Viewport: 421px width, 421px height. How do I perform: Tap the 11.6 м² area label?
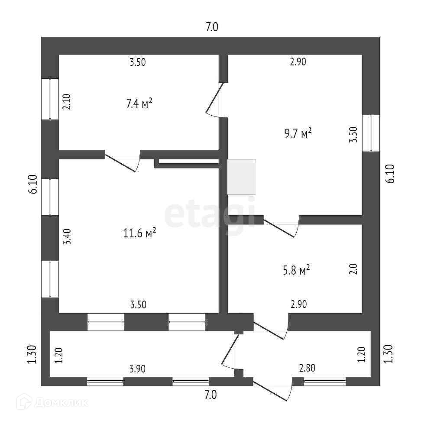click(139, 233)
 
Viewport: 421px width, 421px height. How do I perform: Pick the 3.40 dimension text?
click(66, 237)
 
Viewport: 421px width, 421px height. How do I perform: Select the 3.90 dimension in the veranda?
click(137, 369)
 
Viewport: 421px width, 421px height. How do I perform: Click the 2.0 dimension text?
click(353, 269)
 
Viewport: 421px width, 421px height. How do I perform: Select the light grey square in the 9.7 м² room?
click(241, 177)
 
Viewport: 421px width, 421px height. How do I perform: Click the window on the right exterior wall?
click(371, 133)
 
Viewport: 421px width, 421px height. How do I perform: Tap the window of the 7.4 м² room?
click(50, 99)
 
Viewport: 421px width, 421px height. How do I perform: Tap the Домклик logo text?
click(61, 402)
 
